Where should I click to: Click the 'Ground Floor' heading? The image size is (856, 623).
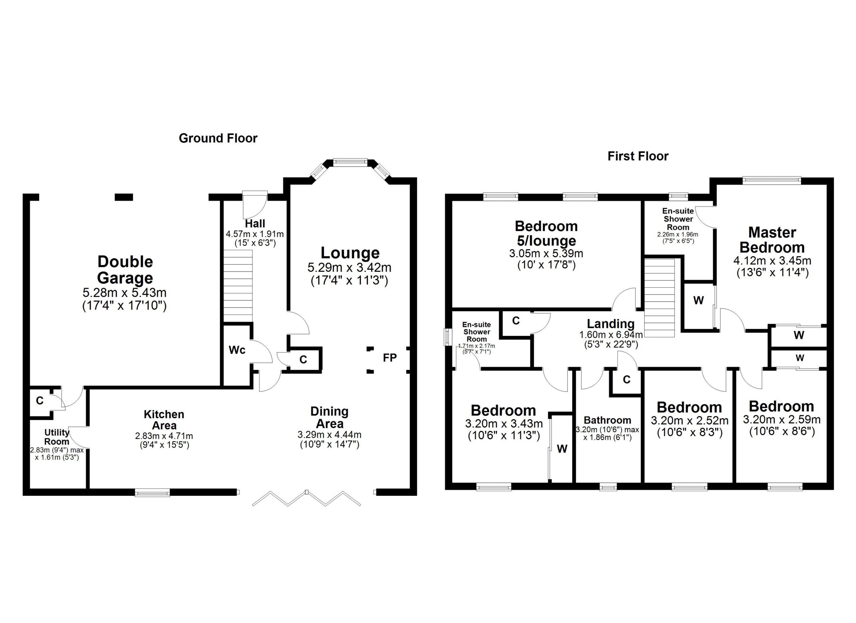218,138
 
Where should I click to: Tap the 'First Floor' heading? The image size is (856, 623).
638,156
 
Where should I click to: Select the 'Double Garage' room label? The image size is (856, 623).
125,270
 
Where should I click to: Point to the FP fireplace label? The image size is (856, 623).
390,358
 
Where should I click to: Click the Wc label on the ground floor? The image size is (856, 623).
237,350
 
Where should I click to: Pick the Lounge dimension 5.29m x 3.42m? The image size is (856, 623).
349,268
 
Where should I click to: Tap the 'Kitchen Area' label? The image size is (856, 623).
164,420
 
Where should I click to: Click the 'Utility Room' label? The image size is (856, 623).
57,437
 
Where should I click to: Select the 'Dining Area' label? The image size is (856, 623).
329,417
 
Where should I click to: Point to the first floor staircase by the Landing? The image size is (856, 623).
659,298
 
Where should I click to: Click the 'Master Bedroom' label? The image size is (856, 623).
772,240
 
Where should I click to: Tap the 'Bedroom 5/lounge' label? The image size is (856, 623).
546,233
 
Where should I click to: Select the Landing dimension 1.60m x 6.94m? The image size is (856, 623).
611,335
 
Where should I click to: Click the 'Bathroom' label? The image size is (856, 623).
607,420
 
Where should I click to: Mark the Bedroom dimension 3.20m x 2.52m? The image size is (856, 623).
689,420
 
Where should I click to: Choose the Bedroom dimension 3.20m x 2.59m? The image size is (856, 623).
781,420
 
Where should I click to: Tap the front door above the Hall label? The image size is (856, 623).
255,203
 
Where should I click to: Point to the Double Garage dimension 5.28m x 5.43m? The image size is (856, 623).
124,293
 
